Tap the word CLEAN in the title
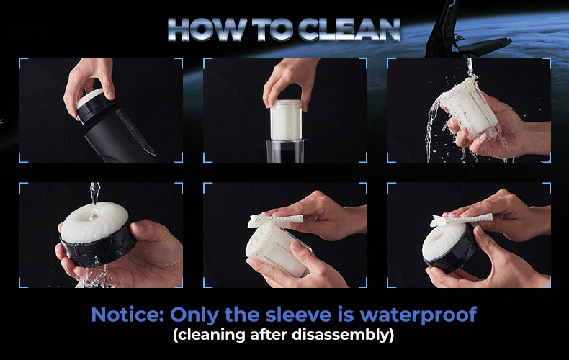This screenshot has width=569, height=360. pyautogui.click(x=349, y=29)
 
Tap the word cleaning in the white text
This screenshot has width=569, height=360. pyautogui.click(x=209, y=335)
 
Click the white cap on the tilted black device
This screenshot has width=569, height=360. pyautogui.click(x=89, y=98)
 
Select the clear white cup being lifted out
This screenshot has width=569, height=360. pyautogui.click(x=287, y=120)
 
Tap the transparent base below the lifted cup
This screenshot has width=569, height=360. pyautogui.click(x=285, y=151)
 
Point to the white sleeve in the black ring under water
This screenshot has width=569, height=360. pyautogui.click(x=94, y=221)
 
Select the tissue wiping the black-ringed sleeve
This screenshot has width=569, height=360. pyautogui.click(x=461, y=219)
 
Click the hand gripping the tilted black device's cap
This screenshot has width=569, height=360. pyautogui.click(x=89, y=81)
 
